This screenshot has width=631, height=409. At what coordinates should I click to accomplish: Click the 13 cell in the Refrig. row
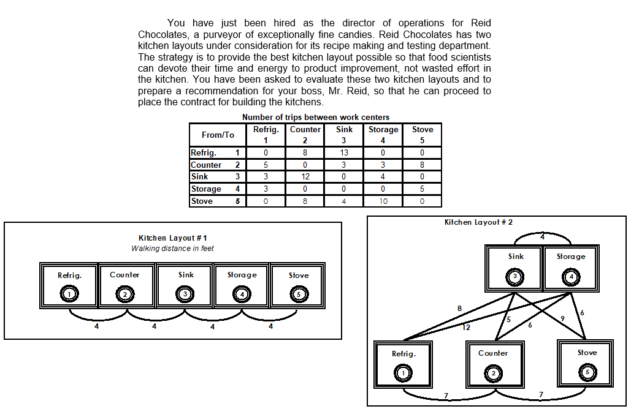344,152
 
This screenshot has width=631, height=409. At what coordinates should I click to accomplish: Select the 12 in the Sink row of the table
305,177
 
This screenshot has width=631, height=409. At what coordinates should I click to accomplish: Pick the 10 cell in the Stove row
383,201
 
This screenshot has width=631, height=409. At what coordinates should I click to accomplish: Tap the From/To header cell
218,135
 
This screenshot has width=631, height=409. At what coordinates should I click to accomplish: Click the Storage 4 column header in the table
383,135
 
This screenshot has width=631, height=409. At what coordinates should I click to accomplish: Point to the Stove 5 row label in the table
217,201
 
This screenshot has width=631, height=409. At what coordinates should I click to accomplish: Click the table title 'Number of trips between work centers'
316,117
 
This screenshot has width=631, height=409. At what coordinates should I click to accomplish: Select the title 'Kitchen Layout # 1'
173,238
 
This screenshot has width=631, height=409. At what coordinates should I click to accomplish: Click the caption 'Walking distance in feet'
172,249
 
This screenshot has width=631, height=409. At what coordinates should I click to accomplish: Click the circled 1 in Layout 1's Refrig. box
70,295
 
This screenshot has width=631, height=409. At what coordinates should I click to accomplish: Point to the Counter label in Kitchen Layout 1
124,275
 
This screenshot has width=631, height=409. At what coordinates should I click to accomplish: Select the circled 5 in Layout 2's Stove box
587,372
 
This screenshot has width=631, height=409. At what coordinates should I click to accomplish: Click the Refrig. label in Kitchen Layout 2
403,353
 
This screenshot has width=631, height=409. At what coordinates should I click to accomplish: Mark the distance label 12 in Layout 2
466,328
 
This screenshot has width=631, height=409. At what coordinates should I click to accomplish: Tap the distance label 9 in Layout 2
563,317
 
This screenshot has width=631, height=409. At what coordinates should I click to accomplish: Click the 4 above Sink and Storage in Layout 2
542,236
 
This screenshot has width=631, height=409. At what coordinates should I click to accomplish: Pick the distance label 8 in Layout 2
459,308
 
